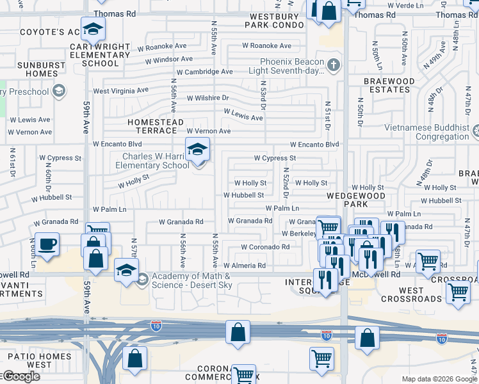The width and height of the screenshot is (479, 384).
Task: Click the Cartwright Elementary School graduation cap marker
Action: (93, 29)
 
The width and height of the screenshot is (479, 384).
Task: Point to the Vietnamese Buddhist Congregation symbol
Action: (476, 132)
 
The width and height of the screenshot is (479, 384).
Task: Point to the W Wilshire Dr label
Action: (207, 98)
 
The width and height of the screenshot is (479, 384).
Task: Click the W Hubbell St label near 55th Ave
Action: (243, 195)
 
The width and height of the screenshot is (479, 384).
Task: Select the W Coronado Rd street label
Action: (265, 247)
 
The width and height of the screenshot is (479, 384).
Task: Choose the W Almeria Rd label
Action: (244, 266)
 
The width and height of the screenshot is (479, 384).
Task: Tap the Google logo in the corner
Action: (20, 376)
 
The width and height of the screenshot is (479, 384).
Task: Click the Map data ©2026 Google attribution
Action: (432, 379)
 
